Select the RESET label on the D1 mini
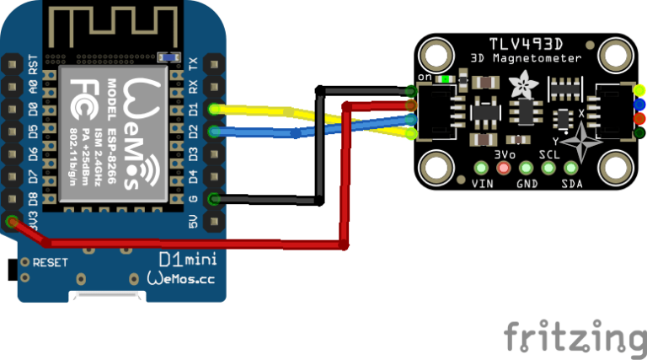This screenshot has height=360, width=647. point(51,262)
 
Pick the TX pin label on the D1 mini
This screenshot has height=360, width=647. point(192,64)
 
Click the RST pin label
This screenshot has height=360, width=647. point(32,64)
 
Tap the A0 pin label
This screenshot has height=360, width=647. point(32,87)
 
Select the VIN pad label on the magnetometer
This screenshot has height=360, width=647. point(483,183)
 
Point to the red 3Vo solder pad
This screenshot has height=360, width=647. point(505,168)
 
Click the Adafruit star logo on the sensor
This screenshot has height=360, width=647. point(518,83)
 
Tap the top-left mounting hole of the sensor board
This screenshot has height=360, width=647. point(436,56)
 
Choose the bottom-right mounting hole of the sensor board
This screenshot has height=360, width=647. point(616,168)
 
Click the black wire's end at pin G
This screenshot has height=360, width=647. point(215,200)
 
